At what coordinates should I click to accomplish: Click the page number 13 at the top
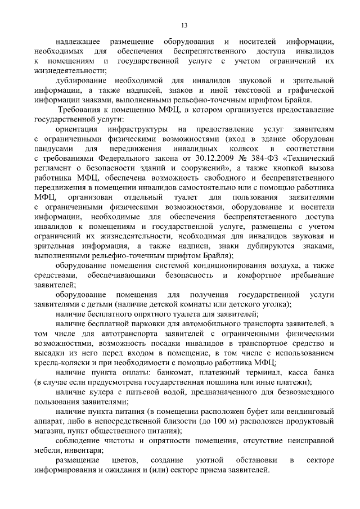click(184, 25)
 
